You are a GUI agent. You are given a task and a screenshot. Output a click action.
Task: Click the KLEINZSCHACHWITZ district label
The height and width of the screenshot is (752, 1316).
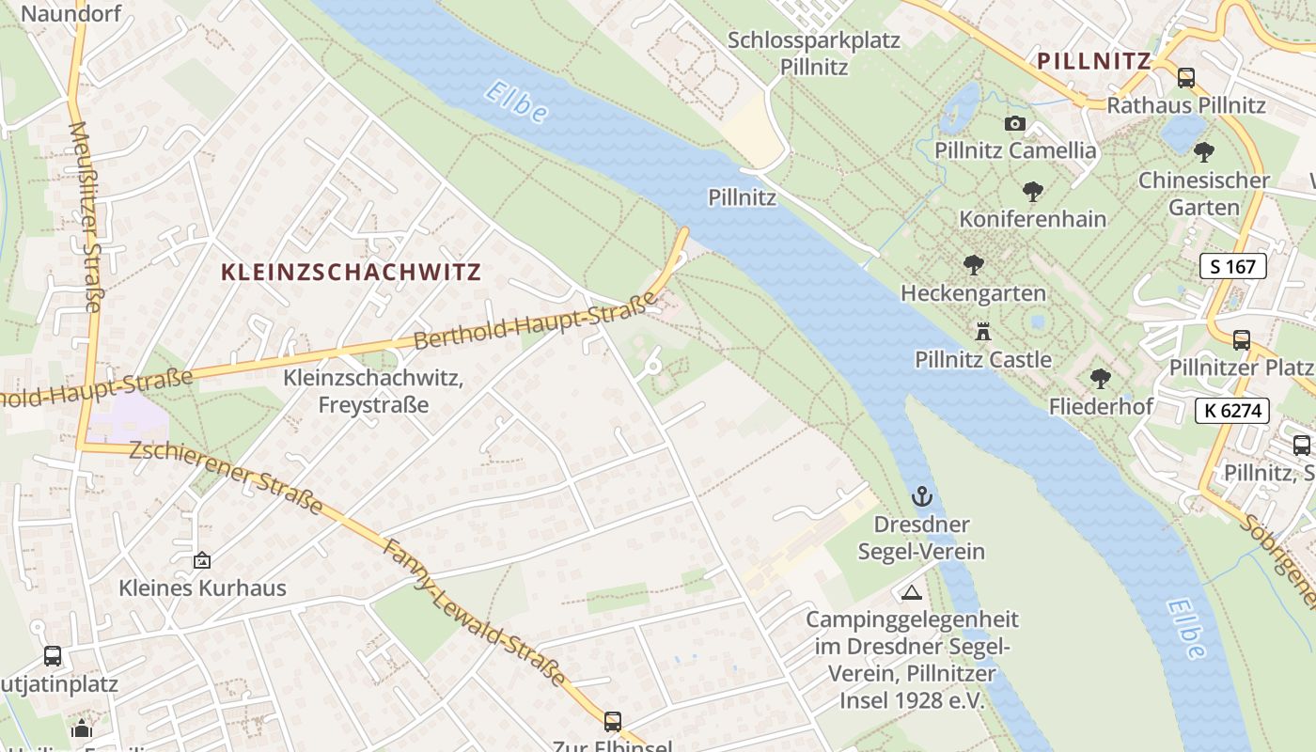point(351,273)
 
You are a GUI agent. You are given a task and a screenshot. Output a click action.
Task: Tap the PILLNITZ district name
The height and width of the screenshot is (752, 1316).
point(1094,62)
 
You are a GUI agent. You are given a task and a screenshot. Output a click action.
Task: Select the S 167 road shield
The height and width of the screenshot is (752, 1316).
point(1233,266)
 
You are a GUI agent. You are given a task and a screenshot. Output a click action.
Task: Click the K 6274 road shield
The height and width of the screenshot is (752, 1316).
point(1233,410)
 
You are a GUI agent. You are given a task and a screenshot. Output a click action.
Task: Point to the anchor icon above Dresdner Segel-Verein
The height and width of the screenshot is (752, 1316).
point(922,495)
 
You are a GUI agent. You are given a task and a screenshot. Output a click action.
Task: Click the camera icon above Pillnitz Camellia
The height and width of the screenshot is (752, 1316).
point(1015,123)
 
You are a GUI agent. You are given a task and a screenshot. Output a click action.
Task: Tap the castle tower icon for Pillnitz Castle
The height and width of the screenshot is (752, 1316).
point(983,331)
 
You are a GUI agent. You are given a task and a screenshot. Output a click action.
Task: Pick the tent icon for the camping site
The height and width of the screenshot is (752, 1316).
point(911,592)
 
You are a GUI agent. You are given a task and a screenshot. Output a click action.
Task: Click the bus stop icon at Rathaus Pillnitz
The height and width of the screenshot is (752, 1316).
point(1186,78)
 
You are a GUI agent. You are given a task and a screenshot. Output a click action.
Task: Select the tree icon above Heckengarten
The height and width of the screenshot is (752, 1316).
point(973,265)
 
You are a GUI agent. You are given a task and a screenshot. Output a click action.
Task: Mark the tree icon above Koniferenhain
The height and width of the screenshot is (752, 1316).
point(1033,192)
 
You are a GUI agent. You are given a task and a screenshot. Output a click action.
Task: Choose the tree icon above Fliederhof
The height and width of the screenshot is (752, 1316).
point(1101,379)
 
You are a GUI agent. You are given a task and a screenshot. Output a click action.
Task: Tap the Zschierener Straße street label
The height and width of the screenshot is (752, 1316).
point(226,478)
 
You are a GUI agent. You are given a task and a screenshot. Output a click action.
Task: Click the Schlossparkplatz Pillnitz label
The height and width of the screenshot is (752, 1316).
point(814,54)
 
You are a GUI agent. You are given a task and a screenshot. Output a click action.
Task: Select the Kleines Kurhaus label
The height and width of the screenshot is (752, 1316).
point(202,588)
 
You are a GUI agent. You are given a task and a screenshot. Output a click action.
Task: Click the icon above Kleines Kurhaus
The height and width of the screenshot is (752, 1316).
point(202,560)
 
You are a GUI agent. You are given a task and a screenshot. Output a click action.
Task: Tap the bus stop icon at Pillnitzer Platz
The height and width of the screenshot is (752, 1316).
point(1242,339)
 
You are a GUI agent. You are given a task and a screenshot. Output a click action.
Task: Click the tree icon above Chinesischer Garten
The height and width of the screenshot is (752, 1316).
point(1204,151)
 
